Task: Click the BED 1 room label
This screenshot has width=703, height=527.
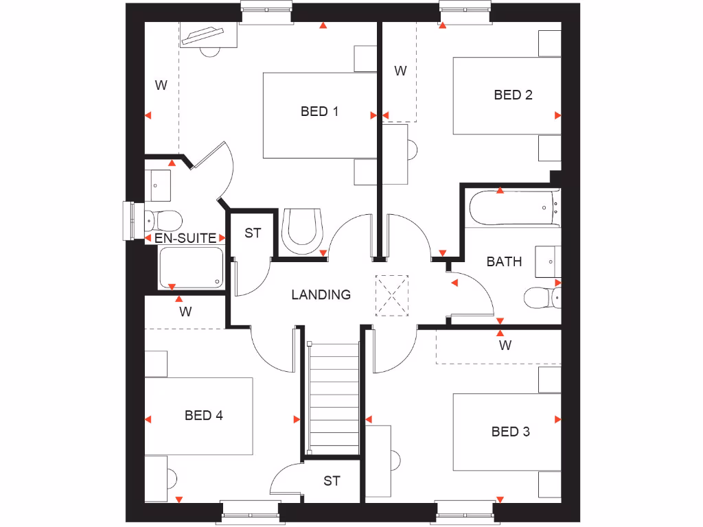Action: tap(319, 111)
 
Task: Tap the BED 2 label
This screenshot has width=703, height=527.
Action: tap(513, 95)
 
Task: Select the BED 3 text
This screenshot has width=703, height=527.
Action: tap(510, 432)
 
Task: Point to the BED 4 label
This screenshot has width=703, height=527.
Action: tap(203, 415)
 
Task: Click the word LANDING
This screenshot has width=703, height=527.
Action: tap(321, 295)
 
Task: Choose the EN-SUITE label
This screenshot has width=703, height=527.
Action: tap(185, 238)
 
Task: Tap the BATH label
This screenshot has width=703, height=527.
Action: tap(504, 261)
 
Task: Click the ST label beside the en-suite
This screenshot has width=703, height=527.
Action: tap(253, 233)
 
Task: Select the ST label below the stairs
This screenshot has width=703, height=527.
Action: tap(332, 481)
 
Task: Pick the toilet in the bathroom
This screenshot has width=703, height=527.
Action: tap(541, 298)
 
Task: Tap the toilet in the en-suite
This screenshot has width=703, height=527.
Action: tap(163, 220)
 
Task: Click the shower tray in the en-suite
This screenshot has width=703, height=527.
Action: tap(191, 268)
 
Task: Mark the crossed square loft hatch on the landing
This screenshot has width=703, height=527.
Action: tap(392, 296)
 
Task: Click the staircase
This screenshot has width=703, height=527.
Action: tap(333, 398)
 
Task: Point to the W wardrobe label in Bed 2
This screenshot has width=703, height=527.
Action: tap(400, 71)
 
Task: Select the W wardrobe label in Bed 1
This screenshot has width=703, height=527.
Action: tap(161, 86)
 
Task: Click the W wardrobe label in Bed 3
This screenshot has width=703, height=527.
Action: tap(505, 345)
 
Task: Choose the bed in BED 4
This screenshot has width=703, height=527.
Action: tap(198, 416)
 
